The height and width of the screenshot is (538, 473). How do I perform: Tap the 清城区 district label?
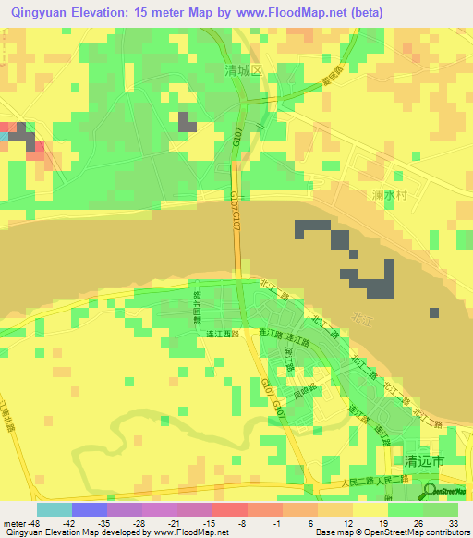[244, 69]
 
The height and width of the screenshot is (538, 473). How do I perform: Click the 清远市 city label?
[425, 459]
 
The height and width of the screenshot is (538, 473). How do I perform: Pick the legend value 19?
[386, 522]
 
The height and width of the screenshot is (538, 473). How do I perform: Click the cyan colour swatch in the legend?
[54, 509]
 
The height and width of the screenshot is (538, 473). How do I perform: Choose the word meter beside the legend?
[14, 522]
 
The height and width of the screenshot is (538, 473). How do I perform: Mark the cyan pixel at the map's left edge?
[4, 137]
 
